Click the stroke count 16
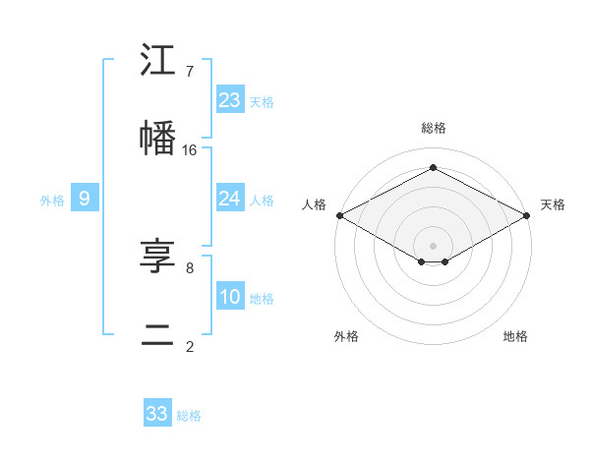[x=190, y=150]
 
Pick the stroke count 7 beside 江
[x=190, y=72]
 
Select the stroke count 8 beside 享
[x=190, y=267]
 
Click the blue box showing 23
[x=230, y=99]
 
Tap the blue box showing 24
[x=230, y=199]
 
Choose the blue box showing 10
[x=230, y=296]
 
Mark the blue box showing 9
[x=85, y=199]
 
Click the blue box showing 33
[x=157, y=413]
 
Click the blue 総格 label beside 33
[x=189, y=416]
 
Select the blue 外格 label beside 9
[x=52, y=201]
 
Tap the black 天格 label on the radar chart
[x=554, y=204]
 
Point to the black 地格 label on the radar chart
[x=515, y=336]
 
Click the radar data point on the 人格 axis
[x=338, y=215]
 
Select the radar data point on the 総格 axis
[x=433, y=167]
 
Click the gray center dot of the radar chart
[x=433, y=244]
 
